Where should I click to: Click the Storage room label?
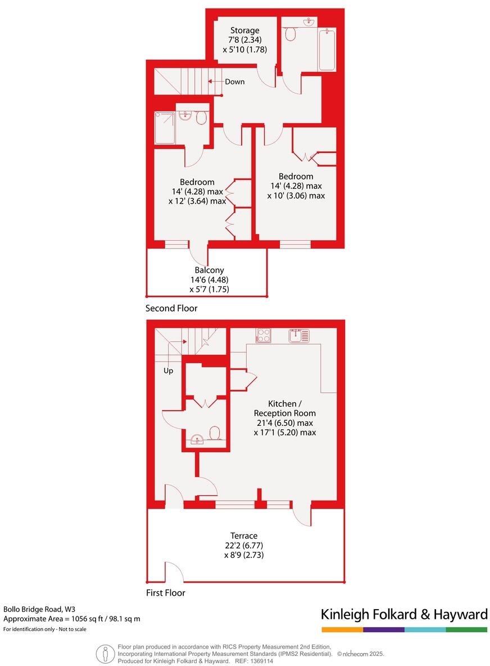(x=244, y=30)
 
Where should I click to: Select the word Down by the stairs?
(x=235, y=82)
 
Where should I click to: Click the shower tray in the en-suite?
(x=164, y=128)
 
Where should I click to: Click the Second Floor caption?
(x=171, y=308)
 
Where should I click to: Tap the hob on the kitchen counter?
(x=263, y=335)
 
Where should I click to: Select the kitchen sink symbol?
(x=299, y=336)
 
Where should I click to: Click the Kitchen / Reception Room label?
(x=285, y=409)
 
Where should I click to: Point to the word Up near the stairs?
(x=168, y=371)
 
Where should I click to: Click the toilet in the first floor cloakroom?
(x=215, y=433)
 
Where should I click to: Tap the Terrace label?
(x=244, y=535)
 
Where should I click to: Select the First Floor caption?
(x=165, y=592)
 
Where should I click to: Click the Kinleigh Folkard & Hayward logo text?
(x=403, y=614)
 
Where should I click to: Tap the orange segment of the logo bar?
(x=342, y=629)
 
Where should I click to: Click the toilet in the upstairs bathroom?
(x=291, y=35)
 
